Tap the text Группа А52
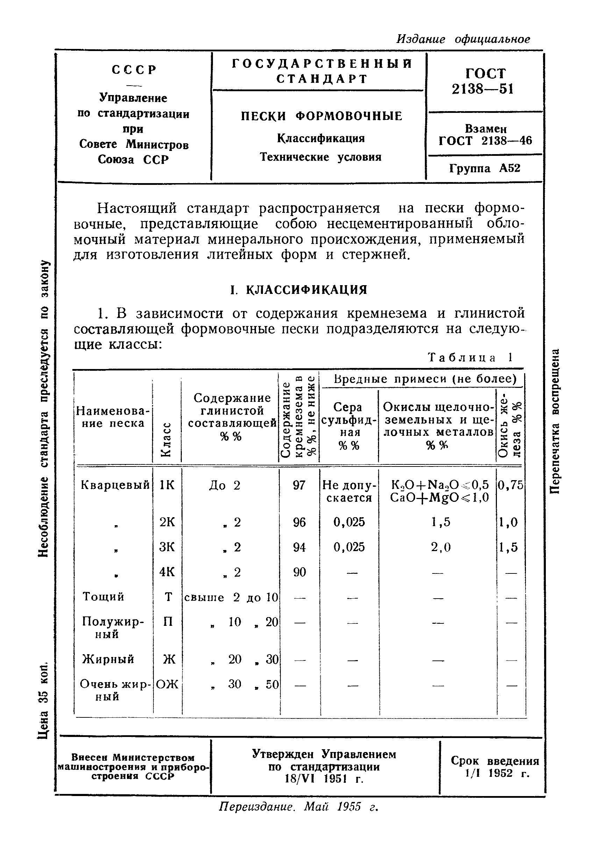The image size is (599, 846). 485,168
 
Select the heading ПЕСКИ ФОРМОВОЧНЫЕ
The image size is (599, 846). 321,116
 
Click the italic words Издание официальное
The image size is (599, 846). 463,39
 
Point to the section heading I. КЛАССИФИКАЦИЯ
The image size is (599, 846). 299,290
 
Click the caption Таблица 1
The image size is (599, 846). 470,357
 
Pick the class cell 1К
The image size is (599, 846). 167,485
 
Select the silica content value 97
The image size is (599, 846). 299,485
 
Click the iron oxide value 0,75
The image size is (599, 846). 511,485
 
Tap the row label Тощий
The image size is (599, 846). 103,596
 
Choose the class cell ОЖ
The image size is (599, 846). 167,684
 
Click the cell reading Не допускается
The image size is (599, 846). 349,491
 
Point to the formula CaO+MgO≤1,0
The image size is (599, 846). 439,498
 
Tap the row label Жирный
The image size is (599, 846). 108,659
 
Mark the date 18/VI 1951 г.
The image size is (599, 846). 324,778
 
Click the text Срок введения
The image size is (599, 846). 494,761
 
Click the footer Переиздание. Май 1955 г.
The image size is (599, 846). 299,807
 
